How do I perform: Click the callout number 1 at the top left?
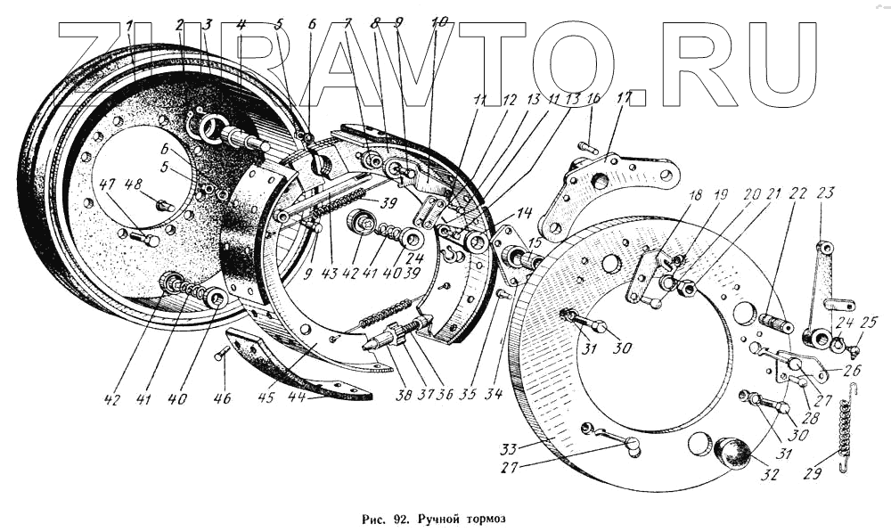coord(130,26)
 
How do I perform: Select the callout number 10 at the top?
coord(440,25)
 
